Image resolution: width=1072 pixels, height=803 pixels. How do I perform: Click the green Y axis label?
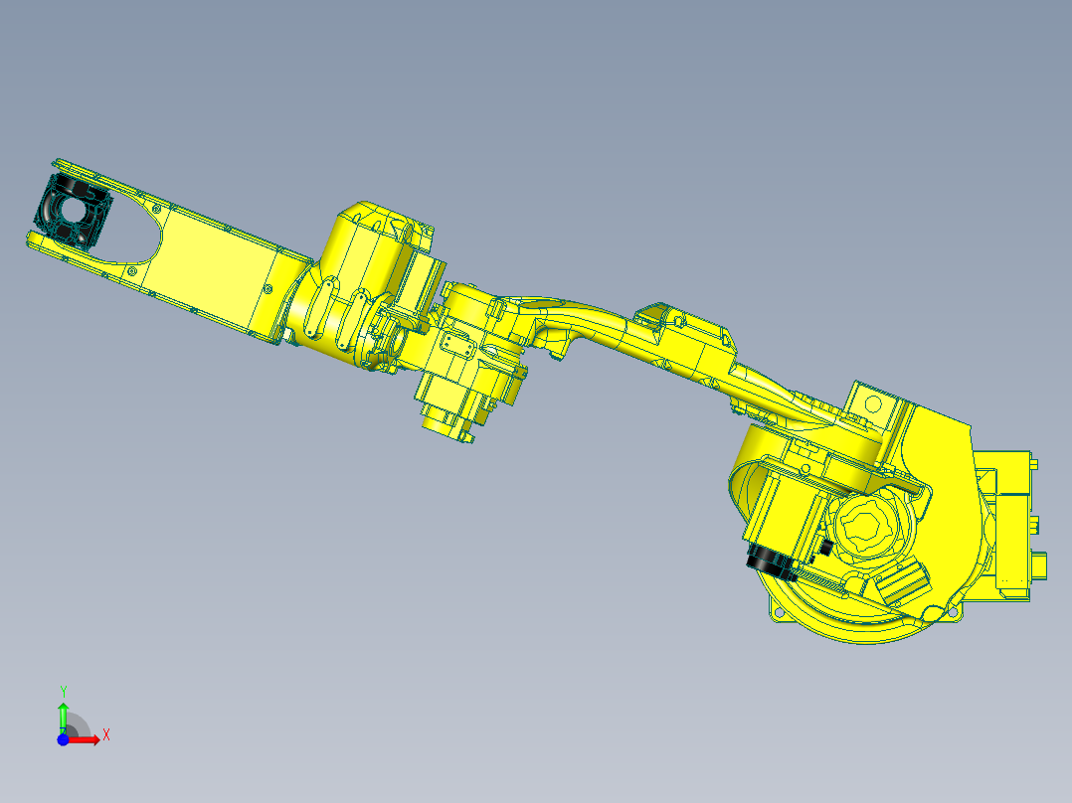[63, 690]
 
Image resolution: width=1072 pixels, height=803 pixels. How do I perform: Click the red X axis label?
[105, 734]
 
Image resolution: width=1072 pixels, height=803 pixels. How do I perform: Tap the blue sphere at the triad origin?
[63, 738]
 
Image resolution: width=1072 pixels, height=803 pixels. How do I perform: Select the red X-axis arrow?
[88, 738]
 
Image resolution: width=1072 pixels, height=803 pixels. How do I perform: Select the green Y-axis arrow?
[63, 714]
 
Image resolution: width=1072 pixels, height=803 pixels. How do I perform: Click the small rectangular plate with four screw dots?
[458, 345]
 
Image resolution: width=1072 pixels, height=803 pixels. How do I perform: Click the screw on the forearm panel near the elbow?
[268, 289]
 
